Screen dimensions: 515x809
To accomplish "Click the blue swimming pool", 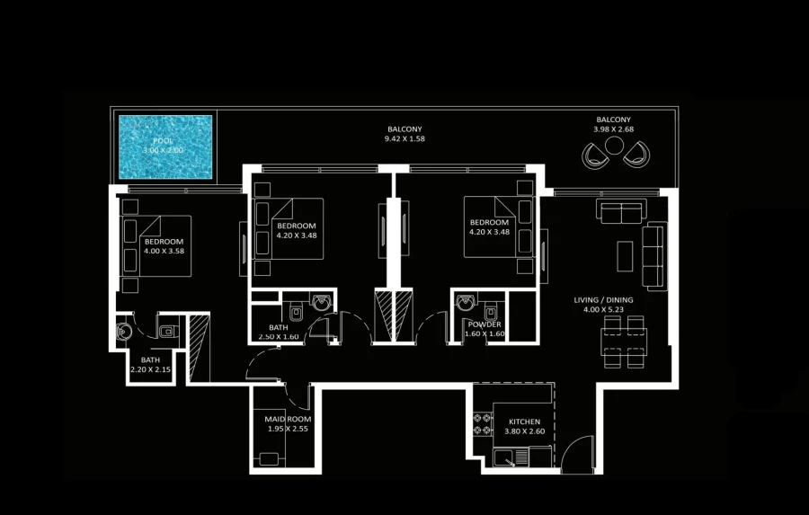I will click(x=165, y=146).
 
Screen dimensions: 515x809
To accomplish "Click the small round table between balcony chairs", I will click(x=614, y=156).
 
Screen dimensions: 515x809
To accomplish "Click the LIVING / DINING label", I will click(x=604, y=299).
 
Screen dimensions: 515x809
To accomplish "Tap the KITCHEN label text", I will click(x=524, y=422).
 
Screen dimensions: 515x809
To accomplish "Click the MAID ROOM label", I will click(x=288, y=420).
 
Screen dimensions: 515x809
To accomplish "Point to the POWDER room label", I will click(x=484, y=324).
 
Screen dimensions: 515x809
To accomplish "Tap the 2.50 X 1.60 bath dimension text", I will click(x=278, y=337).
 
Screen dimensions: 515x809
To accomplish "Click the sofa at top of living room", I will click(x=620, y=211).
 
